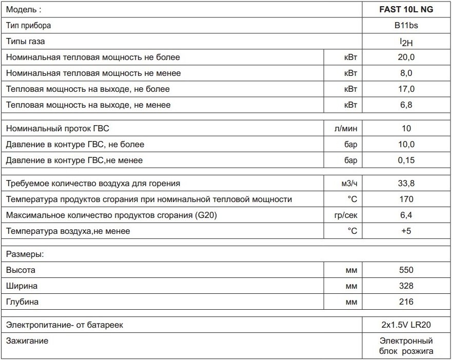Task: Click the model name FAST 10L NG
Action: (x=405, y=9)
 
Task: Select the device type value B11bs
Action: (x=405, y=25)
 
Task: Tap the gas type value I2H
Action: (x=405, y=42)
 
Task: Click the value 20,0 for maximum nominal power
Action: (x=405, y=57)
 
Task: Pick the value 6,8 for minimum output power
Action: (x=405, y=105)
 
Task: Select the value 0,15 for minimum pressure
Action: (x=405, y=161)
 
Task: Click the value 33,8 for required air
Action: (x=405, y=184)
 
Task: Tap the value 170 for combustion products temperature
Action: (x=405, y=199)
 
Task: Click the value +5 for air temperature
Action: (x=405, y=231)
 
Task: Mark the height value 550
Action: (x=405, y=270)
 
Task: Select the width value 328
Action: (x=405, y=286)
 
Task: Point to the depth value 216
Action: (x=405, y=302)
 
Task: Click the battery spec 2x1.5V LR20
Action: (x=405, y=325)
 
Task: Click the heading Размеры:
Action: (x=25, y=254)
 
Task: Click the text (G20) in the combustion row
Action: (x=206, y=215)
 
